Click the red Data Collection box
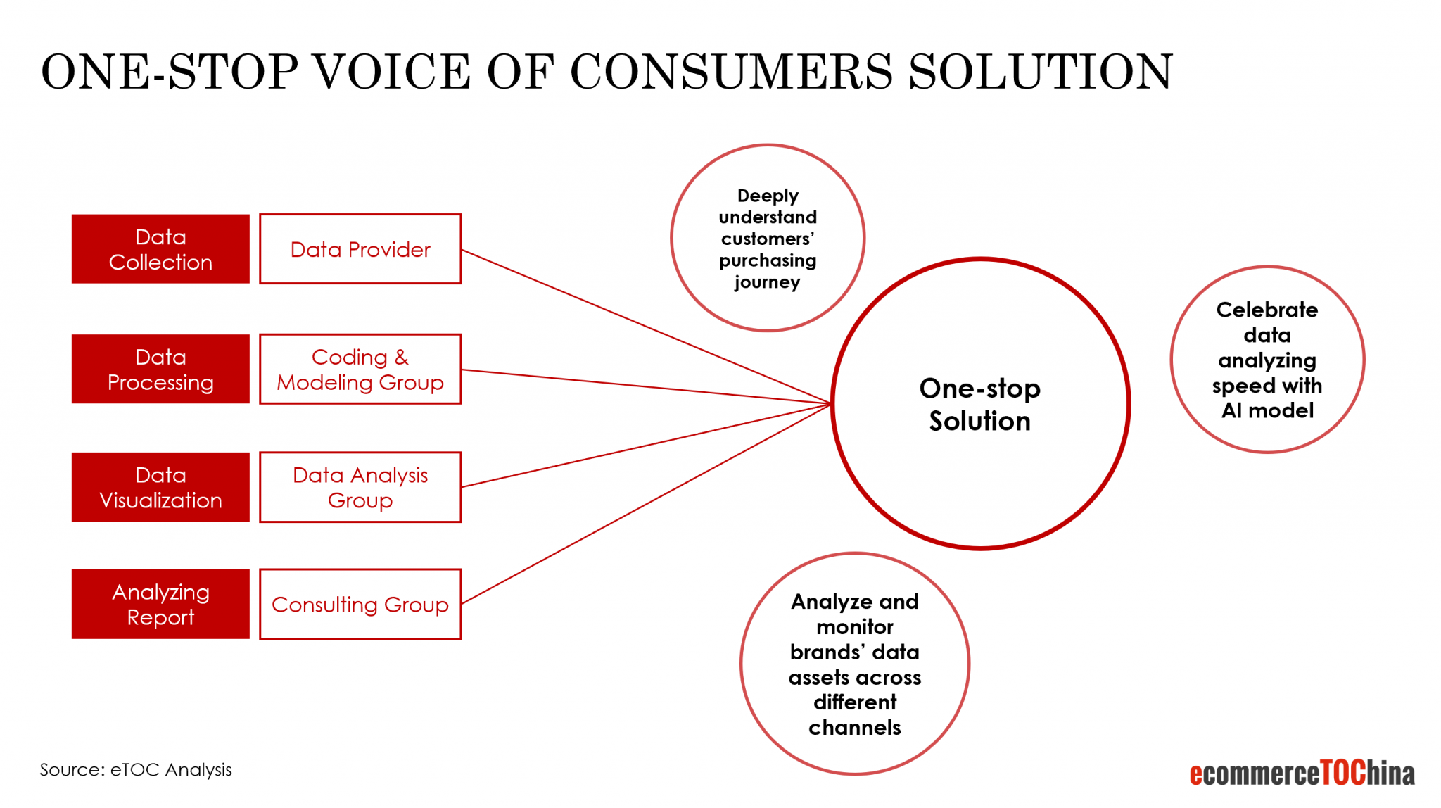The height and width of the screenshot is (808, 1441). [x=160, y=249]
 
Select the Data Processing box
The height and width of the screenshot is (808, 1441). [x=160, y=369]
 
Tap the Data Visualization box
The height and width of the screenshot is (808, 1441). [x=160, y=487]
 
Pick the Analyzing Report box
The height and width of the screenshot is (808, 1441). [x=160, y=604]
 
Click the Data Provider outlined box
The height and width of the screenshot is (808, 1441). [x=360, y=249]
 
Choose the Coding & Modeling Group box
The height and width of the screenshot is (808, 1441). [x=360, y=369]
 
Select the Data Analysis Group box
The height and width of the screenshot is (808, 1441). [x=360, y=487]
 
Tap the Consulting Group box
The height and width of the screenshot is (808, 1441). [x=360, y=604]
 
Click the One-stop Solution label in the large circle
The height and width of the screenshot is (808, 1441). [x=979, y=404]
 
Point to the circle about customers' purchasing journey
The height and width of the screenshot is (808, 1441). [x=768, y=238]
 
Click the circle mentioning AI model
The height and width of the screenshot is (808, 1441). [x=1267, y=360]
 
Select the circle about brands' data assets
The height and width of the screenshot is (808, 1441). [x=855, y=664]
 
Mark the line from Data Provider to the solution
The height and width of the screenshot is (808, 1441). [x=646, y=327]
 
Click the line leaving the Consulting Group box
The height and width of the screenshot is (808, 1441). [x=646, y=504]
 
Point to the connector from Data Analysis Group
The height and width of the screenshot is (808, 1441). [x=646, y=445]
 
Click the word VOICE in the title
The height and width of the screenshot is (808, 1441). [x=391, y=72]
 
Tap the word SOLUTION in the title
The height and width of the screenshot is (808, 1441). [x=1041, y=72]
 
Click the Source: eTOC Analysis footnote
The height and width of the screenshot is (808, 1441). [x=136, y=769]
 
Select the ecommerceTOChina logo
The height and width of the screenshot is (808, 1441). [x=1302, y=773]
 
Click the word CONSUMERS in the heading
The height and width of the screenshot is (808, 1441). [x=731, y=72]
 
